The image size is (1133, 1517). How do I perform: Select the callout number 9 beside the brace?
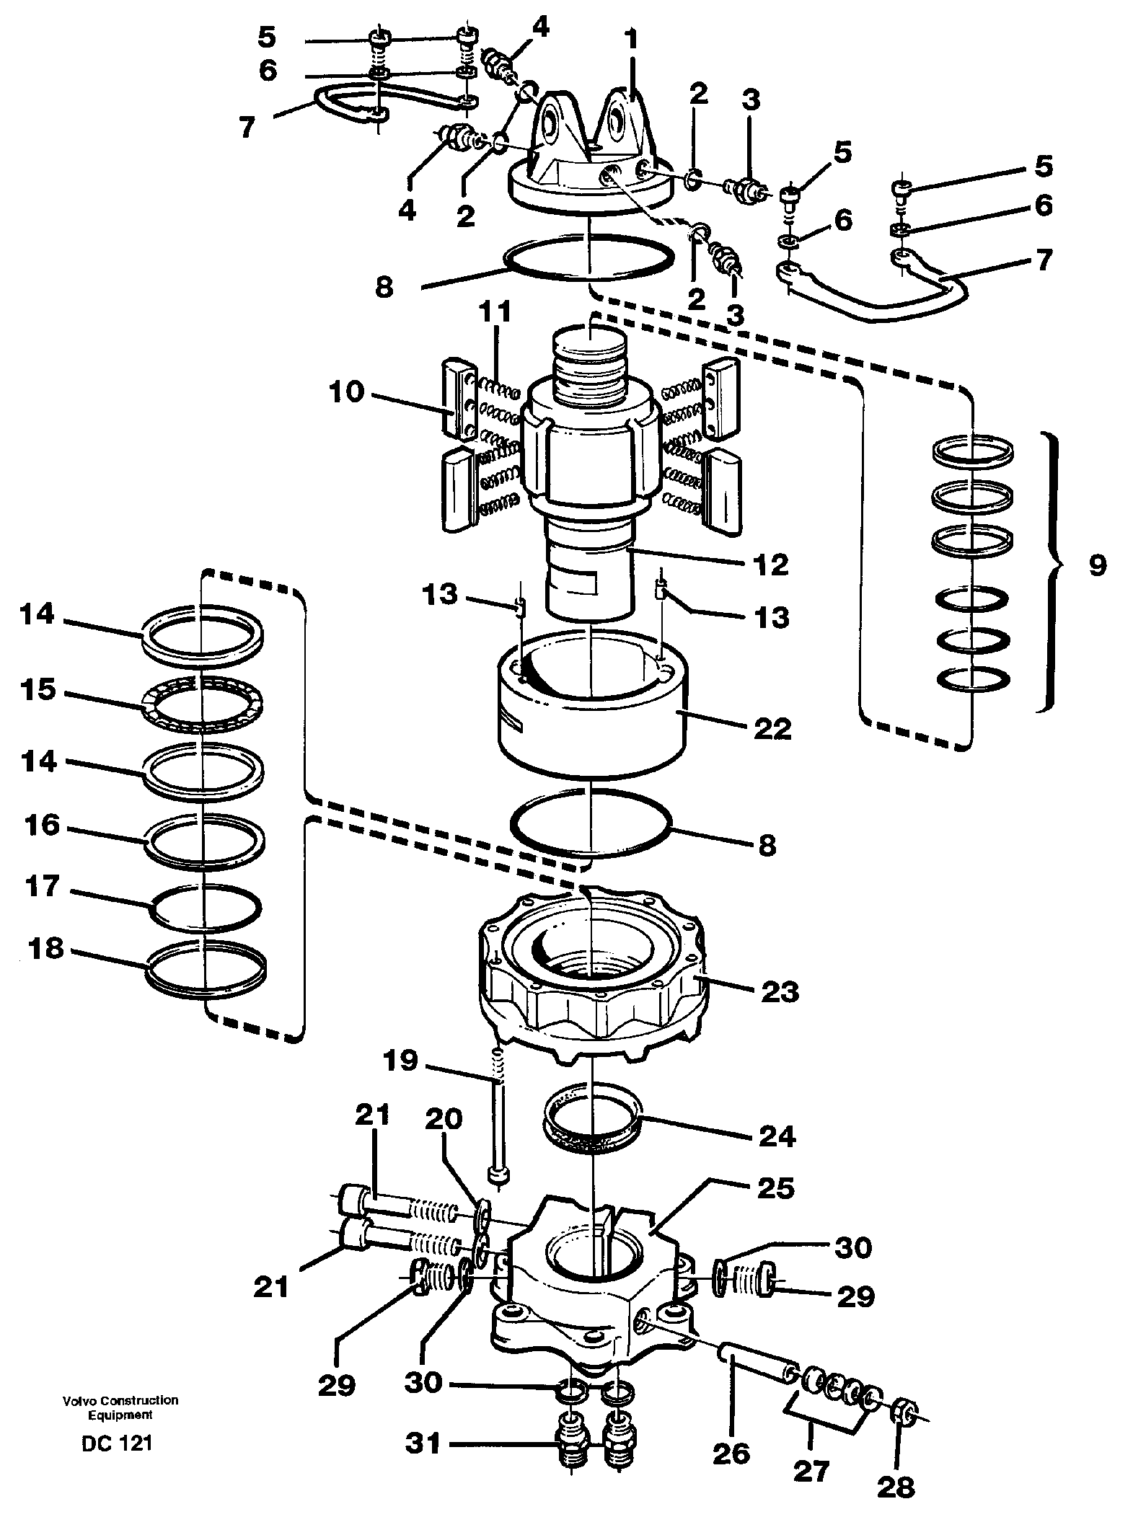tap(1096, 565)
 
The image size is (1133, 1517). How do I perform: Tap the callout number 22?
tap(771, 728)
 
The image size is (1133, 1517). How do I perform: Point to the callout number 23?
tap(778, 991)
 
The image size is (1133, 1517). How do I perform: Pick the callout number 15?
tap(38, 689)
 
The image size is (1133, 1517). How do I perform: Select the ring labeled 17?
tap(205, 906)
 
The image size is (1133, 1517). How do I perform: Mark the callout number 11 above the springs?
tap(495, 313)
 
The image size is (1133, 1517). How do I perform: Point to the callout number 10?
tap(347, 394)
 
